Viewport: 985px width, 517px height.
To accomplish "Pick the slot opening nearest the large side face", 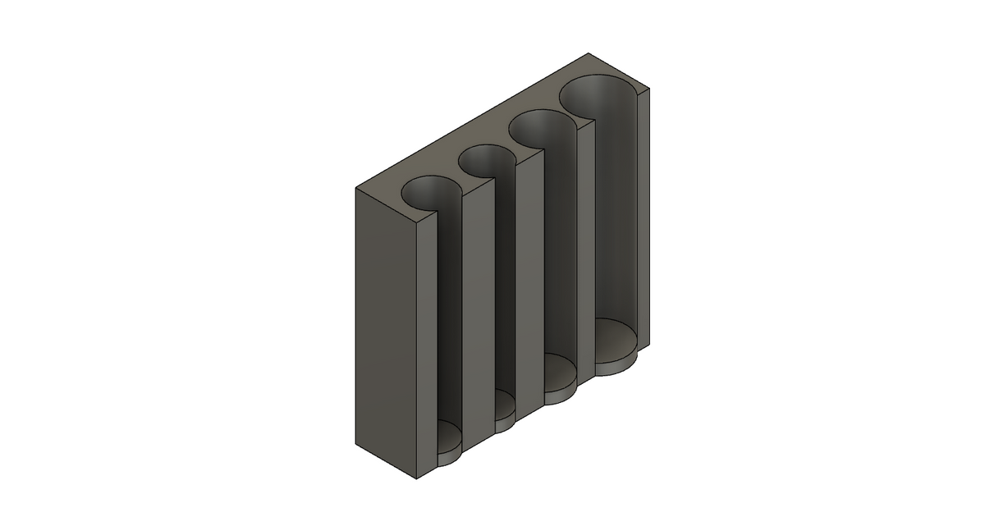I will [x=434, y=190].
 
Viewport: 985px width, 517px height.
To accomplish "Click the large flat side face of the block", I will [x=387, y=328].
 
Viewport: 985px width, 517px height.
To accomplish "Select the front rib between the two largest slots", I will [x=586, y=246].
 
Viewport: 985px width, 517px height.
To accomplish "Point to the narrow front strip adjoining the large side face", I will [x=426, y=345].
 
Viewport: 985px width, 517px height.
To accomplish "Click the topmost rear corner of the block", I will [x=590, y=53].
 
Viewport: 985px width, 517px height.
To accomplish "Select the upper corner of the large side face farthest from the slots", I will [x=356, y=189].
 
